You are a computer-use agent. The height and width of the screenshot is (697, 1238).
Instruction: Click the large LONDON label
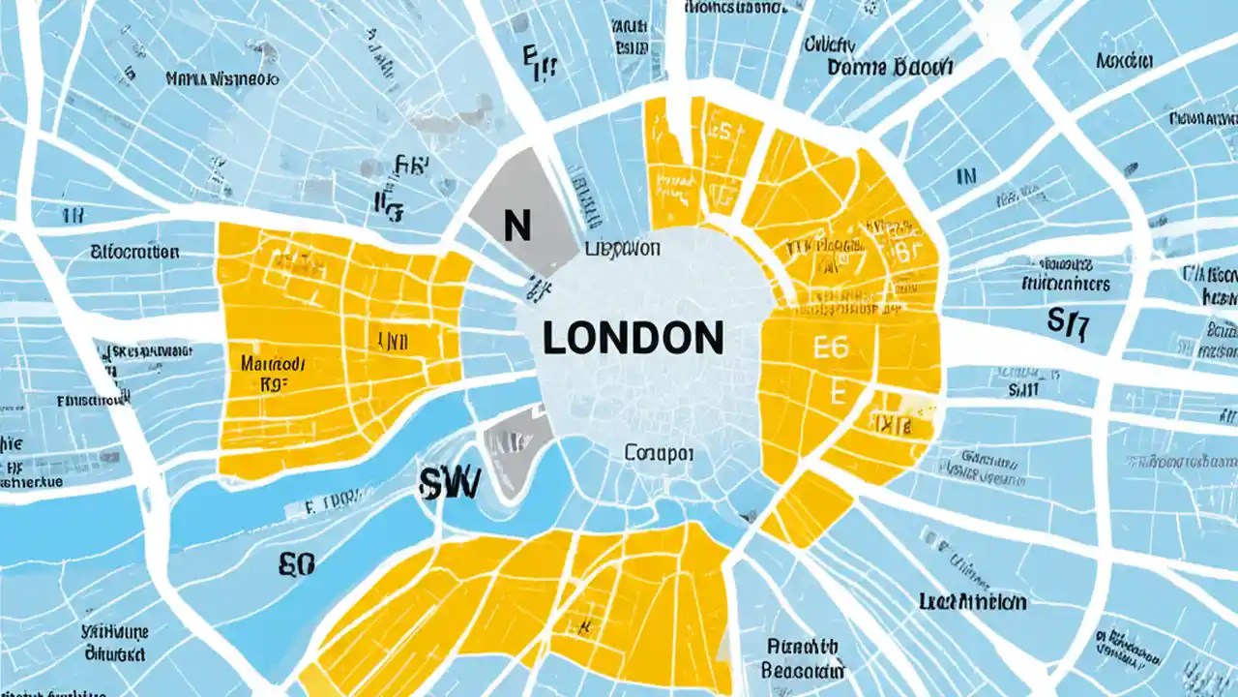click(x=633, y=338)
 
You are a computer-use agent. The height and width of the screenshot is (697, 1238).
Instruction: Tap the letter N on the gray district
click(x=517, y=227)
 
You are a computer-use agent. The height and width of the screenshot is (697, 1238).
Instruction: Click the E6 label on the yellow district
click(x=831, y=347)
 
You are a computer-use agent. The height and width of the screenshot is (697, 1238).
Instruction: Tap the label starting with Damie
click(x=890, y=67)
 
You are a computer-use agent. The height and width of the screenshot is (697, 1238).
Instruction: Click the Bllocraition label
click(x=134, y=253)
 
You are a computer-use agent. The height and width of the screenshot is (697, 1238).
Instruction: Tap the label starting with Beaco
click(x=803, y=669)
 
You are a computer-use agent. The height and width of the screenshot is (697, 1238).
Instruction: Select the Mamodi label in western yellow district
click(x=273, y=364)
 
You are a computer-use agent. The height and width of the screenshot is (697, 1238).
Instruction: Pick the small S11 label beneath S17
click(x=1024, y=388)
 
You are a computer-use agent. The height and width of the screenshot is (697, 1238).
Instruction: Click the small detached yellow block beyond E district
click(x=808, y=508)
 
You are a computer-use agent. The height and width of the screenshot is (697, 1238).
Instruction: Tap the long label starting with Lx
click(x=973, y=602)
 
